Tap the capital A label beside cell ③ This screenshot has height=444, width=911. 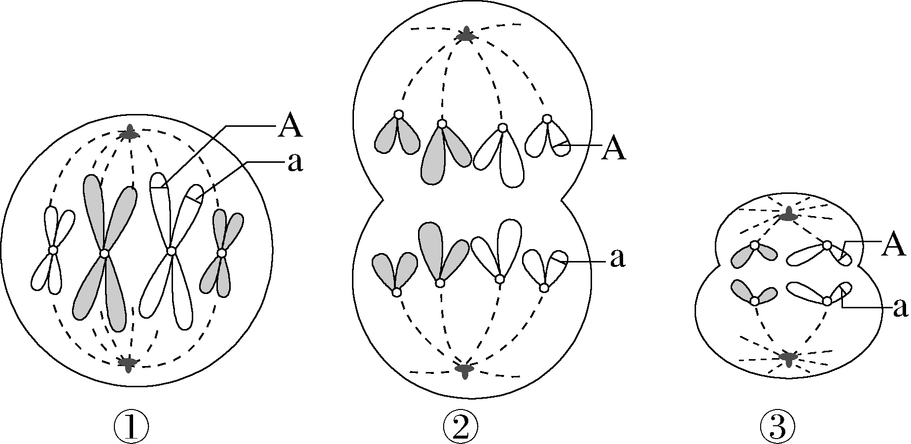tap(894, 245)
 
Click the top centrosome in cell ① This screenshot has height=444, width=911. tap(130, 133)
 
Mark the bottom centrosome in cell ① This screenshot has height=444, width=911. tap(129, 363)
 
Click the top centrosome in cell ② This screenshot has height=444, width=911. tap(465, 36)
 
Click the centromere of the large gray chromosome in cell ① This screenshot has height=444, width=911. tap(104, 254)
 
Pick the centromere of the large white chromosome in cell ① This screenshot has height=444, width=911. tap(171, 251)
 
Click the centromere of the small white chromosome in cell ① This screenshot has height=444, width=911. tap(53, 251)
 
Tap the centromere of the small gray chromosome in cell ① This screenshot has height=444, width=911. tap(222, 253)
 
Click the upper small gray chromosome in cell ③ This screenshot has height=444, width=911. tap(754, 253)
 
